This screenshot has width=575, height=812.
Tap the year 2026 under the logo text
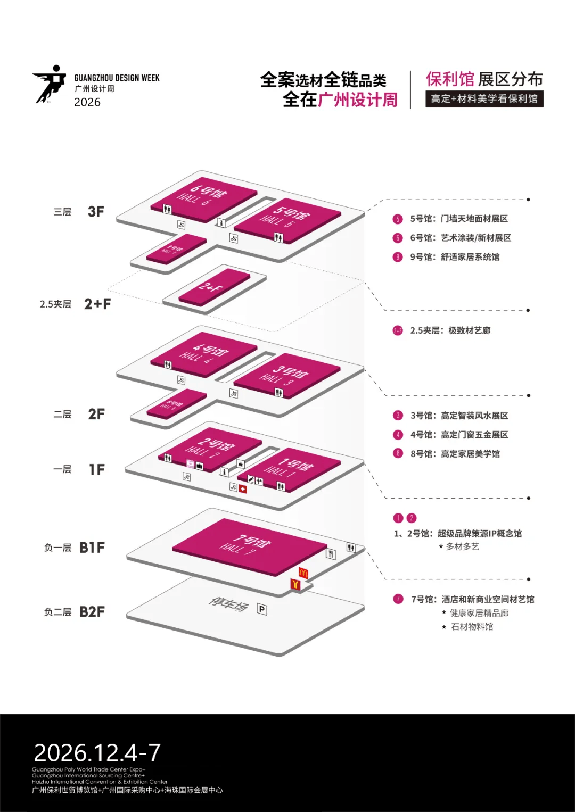[x=87, y=102]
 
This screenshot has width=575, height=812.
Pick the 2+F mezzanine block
[x=214, y=287]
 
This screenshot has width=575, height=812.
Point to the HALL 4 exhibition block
[x=203, y=353]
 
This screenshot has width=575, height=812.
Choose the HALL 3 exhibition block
[x=287, y=375]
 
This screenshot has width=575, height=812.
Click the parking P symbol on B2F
[x=262, y=609]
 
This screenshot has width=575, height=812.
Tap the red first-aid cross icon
[x=243, y=488]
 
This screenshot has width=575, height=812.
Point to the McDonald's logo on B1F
[x=303, y=573]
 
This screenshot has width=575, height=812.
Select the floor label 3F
[x=96, y=212]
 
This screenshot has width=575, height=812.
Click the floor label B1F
[x=92, y=548]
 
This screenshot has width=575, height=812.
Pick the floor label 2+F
[x=97, y=304]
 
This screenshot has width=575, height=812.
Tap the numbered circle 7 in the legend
[x=398, y=599]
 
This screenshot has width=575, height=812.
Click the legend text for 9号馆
[x=455, y=257]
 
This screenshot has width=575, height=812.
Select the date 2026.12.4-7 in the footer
[x=97, y=752]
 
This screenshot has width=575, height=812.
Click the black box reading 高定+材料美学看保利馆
[x=484, y=99]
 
